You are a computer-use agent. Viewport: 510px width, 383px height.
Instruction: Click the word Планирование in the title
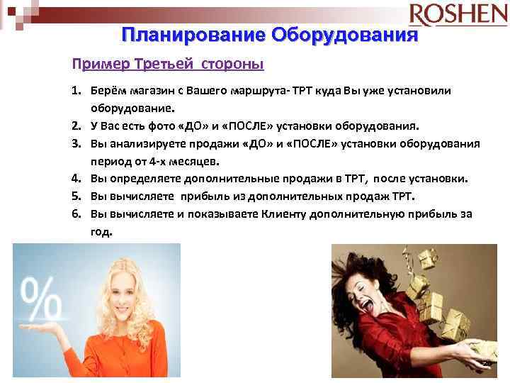[193, 35]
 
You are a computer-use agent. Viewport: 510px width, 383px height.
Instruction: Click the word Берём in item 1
[107, 91]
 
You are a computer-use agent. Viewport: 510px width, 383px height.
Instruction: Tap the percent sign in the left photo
[40, 297]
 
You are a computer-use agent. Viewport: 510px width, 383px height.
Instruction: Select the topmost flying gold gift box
[428, 259]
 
